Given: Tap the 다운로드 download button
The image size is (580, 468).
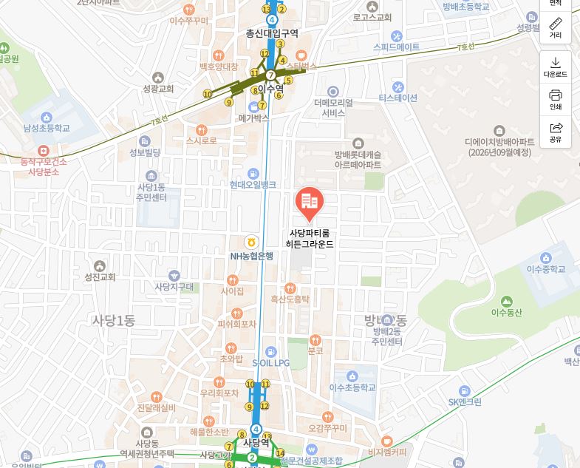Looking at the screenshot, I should (556, 67).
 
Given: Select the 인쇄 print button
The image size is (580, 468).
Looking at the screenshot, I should (556, 99).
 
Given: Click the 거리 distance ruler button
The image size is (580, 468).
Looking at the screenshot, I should (556, 28).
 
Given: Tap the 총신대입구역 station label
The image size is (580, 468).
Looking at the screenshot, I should (273, 33).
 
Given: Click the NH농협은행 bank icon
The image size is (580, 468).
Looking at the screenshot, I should (251, 243).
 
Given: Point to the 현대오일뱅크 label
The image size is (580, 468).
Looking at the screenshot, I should (253, 184).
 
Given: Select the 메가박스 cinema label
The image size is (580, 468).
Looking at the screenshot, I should (253, 118).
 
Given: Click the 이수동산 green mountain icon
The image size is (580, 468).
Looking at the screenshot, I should (506, 302).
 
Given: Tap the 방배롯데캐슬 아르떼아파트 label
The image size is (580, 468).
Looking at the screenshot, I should (358, 160).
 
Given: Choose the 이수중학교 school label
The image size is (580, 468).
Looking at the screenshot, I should (546, 269).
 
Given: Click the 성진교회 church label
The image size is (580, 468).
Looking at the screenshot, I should (100, 277).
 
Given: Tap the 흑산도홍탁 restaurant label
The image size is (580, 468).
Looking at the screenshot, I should (290, 299).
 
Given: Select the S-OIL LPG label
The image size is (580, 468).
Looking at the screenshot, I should (271, 363).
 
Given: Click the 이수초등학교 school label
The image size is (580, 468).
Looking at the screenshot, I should (352, 387).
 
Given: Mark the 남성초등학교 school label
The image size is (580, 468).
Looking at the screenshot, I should (47, 128).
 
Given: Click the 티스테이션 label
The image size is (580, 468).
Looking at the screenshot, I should (398, 98).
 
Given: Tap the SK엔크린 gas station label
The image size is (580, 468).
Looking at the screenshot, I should (465, 402).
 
